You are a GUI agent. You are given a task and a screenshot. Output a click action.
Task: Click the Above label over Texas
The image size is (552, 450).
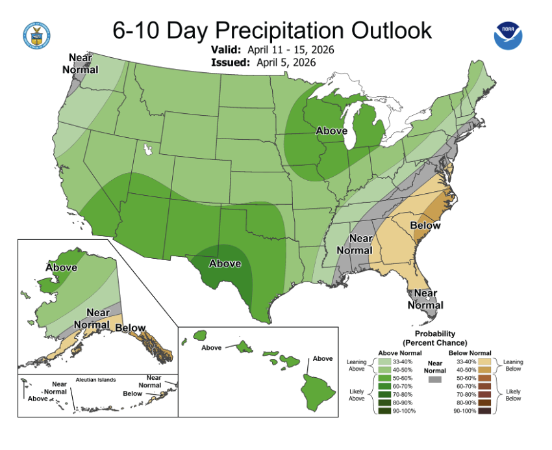pos(225,263)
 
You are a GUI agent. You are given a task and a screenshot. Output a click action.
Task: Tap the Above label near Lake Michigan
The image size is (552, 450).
pos(331,131)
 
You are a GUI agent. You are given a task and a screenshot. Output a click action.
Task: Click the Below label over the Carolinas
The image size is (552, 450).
pos(425,226)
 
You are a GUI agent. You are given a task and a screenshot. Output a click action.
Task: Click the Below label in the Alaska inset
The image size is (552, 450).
pos(130,327)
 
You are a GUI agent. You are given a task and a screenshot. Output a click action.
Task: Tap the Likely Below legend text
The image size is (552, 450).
pos(512,394)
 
